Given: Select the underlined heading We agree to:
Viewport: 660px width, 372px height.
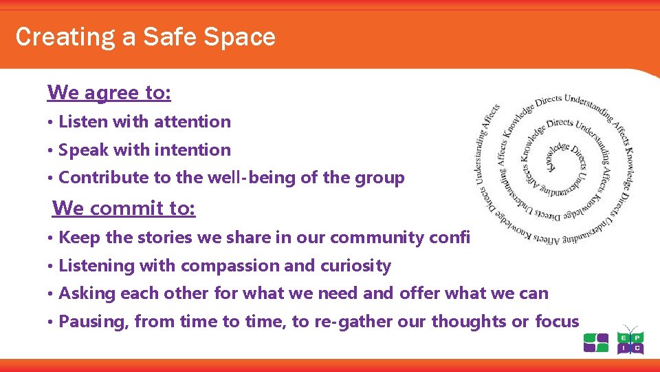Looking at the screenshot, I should click(109, 92).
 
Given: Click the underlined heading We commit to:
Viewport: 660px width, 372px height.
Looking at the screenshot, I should click(124, 207).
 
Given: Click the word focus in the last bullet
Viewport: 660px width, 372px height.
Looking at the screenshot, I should click(557, 322).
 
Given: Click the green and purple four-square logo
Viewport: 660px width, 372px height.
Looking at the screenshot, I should click(595, 343).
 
